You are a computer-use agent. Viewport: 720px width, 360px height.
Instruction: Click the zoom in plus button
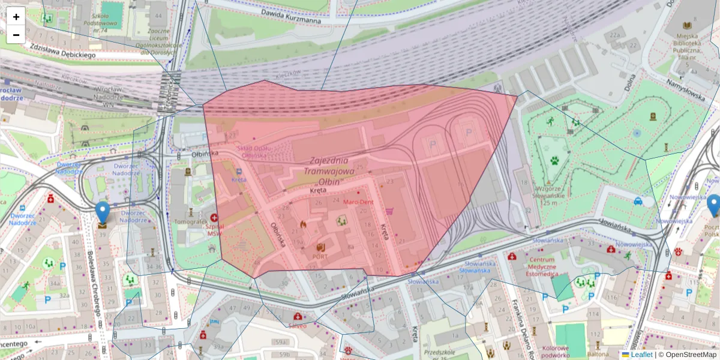(16, 17)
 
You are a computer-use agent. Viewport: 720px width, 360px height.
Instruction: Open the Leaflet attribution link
(641, 355)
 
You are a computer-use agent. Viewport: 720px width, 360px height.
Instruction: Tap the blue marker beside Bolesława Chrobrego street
(103, 213)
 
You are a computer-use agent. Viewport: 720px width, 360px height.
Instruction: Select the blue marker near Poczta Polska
(713, 205)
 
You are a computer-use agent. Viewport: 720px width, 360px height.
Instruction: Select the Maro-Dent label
(358, 202)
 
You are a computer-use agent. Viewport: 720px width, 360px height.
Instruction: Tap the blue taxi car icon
(638, 202)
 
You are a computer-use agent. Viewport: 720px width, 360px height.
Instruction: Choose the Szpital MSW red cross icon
(214, 218)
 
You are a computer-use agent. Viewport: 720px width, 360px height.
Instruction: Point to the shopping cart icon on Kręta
(390, 211)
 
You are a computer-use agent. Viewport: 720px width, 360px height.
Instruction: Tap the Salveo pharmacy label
(297, 325)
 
